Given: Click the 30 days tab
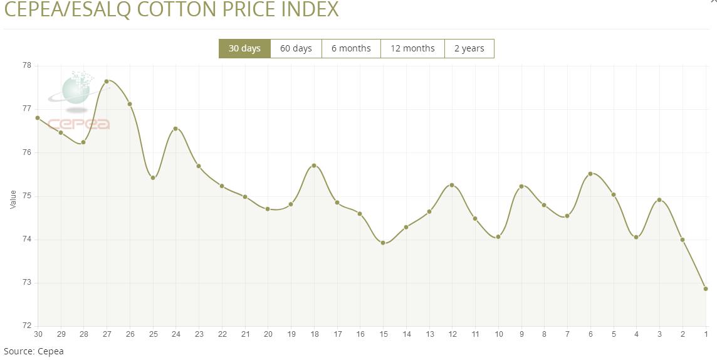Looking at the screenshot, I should click(244, 48).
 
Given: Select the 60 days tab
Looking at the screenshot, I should click(296, 48).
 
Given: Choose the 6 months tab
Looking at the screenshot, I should click(351, 48).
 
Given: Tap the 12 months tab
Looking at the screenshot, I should click(412, 48).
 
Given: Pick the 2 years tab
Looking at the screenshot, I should click(469, 48).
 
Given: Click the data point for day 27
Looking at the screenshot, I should click(107, 81).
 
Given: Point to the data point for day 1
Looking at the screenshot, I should click(706, 289).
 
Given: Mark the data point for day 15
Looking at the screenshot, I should click(383, 243).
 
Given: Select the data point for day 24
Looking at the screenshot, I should click(175, 129).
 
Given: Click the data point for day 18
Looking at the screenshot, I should click(314, 166).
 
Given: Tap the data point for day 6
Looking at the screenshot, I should click(590, 174).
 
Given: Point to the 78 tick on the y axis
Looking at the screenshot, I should click(27, 65).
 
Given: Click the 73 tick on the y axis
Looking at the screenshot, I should click(27, 283).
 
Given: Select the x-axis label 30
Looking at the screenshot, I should click(38, 333).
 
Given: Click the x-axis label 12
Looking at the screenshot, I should click(452, 333).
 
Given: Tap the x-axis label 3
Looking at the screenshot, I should click(659, 333).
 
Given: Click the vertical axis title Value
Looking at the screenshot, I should click(13, 200).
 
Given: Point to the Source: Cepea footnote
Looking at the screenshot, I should click(34, 351).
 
